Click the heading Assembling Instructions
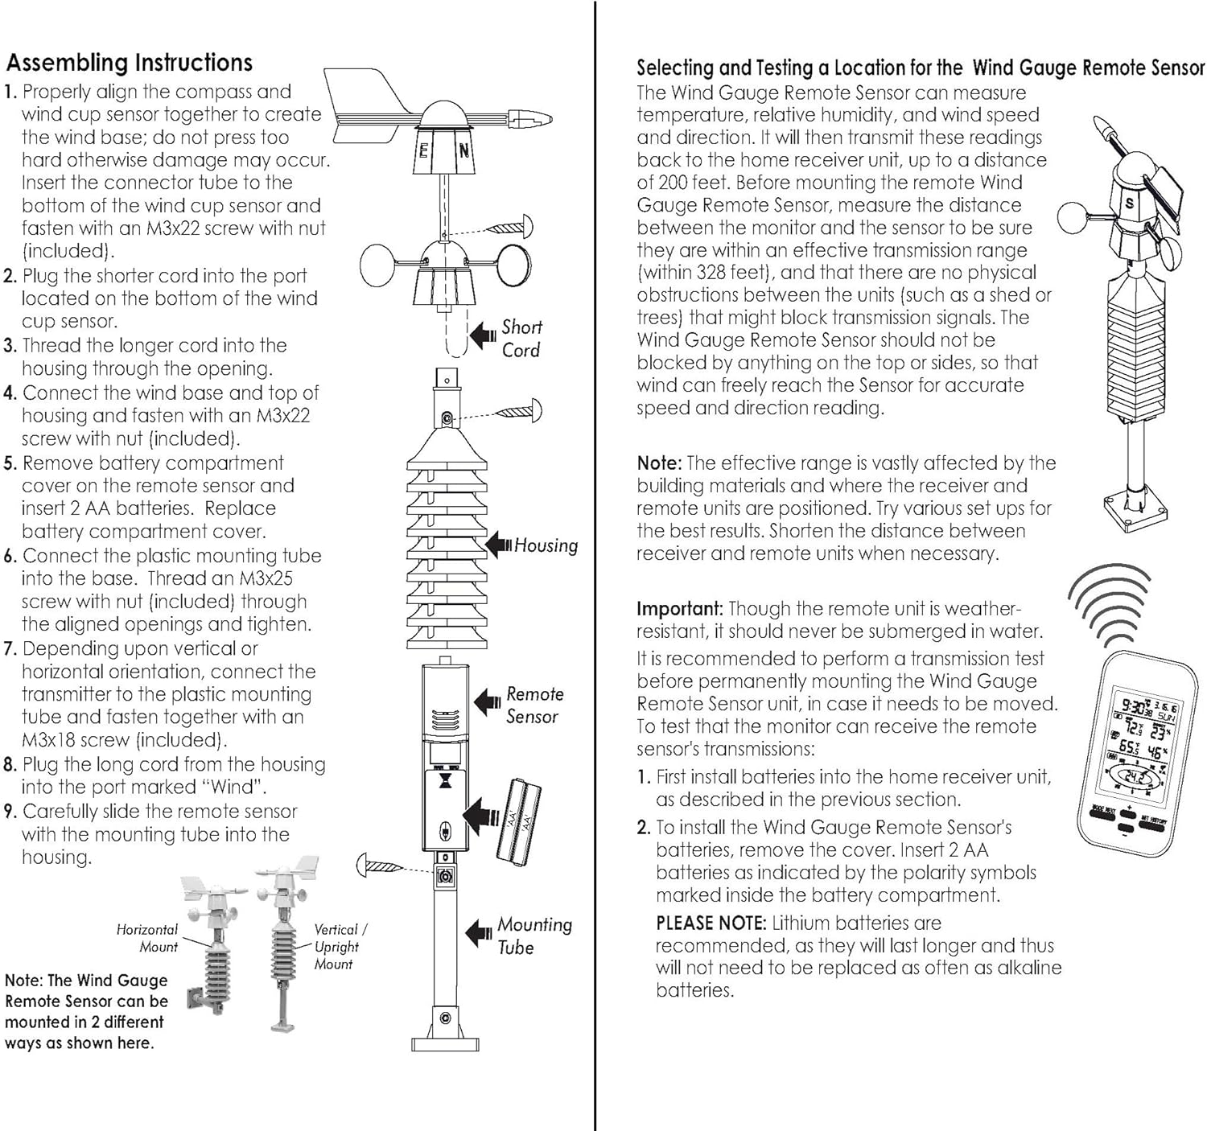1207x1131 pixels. coord(129,63)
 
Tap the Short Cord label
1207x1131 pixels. coord(521,339)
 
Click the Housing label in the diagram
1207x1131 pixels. coord(546,545)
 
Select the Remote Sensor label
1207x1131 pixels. coord(533,705)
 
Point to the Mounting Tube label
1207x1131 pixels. coord(533,936)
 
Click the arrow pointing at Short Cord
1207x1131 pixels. coord(483,335)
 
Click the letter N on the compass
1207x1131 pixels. coord(464,150)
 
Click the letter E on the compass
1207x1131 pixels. coord(423,150)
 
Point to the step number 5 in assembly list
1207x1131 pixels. coord(10,464)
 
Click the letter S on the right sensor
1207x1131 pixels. coord(1129,204)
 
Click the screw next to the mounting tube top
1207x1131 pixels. coord(379,866)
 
